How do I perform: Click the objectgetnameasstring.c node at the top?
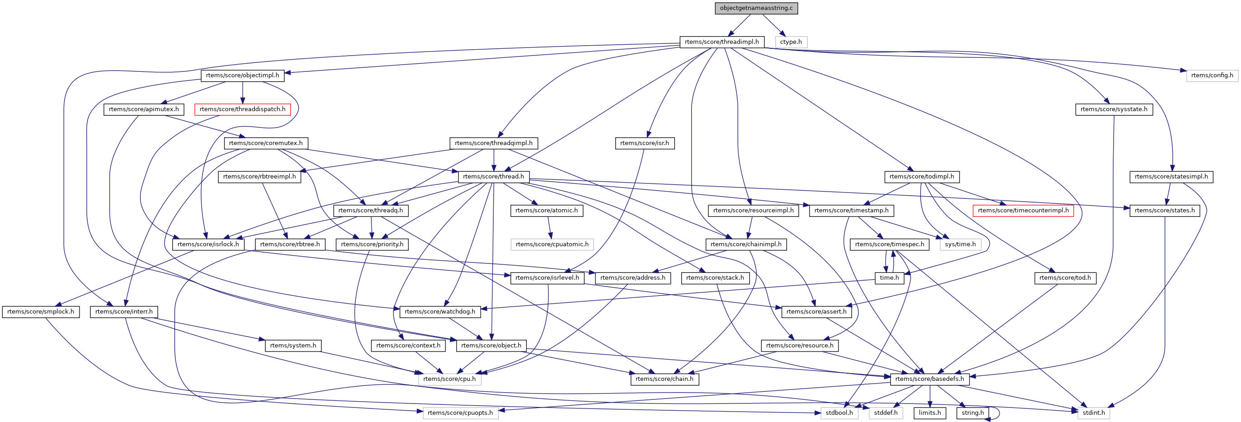(756, 8)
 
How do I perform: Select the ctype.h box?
(791, 42)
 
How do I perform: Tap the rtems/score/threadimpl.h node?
(721, 42)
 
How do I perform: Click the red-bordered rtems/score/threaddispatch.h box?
(242, 109)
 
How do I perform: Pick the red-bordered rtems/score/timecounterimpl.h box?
(1023, 211)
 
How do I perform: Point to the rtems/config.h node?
(1212, 75)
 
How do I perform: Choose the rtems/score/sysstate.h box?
(1113, 109)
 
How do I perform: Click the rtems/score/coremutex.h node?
(266, 143)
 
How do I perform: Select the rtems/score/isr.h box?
(644, 143)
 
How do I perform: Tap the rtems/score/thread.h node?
(493, 177)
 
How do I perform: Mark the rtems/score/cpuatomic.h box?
(552, 244)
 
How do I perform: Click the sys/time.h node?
(960, 244)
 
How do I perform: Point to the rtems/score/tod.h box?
(1065, 278)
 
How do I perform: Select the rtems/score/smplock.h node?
(41, 312)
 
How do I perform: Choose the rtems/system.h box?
(293, 345)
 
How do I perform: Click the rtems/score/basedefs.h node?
(929, 379)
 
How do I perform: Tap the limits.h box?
(929, 413)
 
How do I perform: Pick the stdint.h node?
(1093, 413)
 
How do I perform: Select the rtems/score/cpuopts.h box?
(460, 413)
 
